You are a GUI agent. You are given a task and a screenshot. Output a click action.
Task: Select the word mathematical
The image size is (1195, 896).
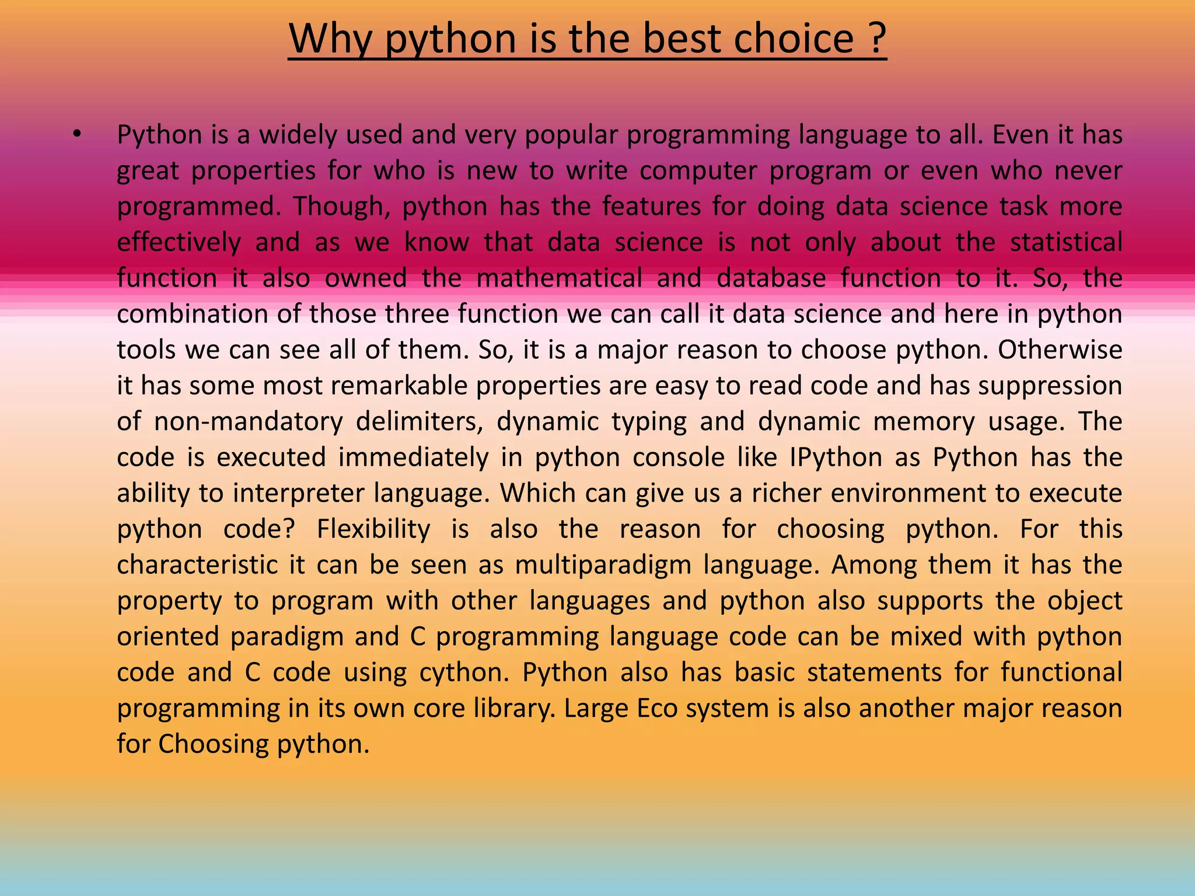[x=559, y=278]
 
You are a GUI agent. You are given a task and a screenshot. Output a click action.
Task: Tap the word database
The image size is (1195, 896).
[x=771, y=278]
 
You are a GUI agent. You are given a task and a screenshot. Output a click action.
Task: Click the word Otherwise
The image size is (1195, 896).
[x=1060, y=350]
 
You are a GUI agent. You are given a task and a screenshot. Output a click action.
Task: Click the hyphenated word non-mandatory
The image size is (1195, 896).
[x=249, y=422]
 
